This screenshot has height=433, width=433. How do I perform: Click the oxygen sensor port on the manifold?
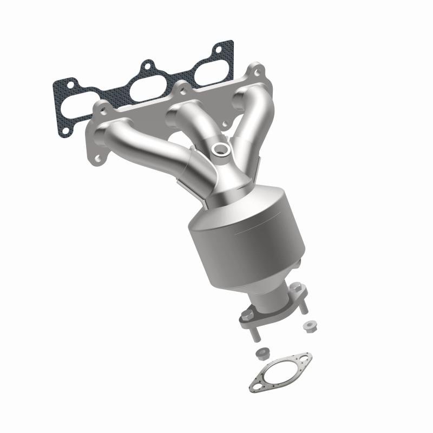coord(220,150)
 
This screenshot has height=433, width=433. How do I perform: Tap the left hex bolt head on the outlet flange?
coord(248,313)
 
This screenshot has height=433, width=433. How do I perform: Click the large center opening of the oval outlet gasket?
coord(281,371)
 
